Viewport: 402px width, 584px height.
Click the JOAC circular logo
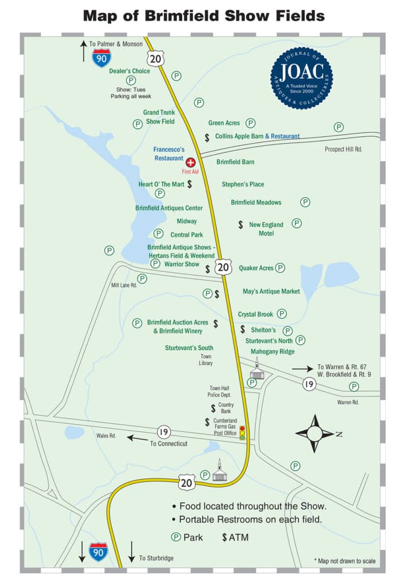301,78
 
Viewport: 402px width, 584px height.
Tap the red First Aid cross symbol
191,163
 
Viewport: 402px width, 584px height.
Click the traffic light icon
242,432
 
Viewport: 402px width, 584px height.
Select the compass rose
315,434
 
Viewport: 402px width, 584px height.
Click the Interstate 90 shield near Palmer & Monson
102,59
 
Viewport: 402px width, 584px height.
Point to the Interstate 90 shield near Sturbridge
98,552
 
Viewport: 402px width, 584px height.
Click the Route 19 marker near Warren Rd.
309,384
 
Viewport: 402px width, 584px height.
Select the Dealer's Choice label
130,71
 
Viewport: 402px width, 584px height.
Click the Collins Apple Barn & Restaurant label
257,136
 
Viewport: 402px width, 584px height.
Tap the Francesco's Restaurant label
168,154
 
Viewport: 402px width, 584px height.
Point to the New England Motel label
266,229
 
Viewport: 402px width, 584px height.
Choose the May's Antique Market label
271,291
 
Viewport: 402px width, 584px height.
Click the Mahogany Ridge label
272,351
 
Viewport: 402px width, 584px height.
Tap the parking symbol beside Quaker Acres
280,267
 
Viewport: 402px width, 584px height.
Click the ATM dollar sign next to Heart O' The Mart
190,184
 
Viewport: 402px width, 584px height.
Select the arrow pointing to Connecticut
137,438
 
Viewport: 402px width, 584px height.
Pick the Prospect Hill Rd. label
344,149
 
